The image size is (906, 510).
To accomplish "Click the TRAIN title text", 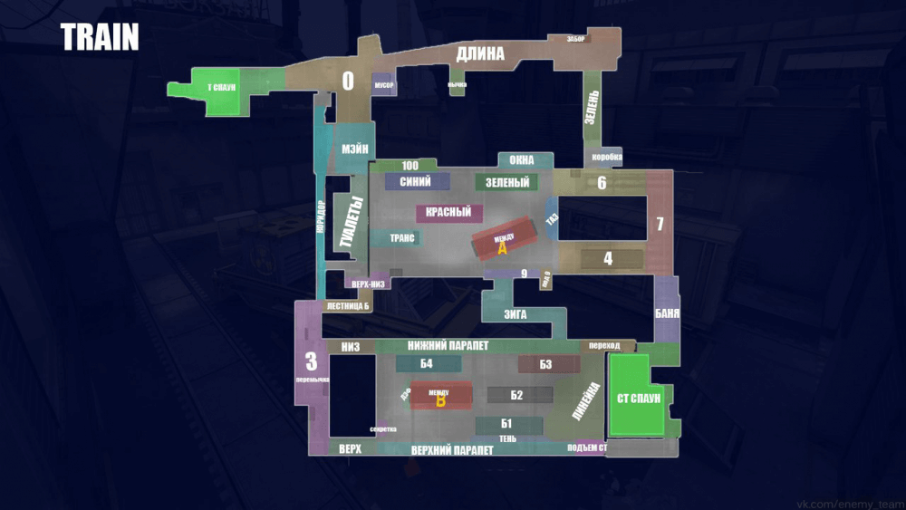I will pyautogui.click(x=100, y=38).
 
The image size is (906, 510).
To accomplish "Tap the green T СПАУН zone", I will pyautogui.click(x=220, y=89).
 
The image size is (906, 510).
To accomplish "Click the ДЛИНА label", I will pyautogui.click(x=480, y=54).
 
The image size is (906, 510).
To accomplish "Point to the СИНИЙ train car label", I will pyautogui.click(x=415, y=181).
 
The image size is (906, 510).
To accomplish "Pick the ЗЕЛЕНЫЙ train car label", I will pyautogui.click(x=506, y=182).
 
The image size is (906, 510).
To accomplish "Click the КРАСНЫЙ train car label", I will pyautogui.click(x=448, y=213).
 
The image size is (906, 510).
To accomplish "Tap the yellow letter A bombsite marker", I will pyautogui.click(x=503, y=249).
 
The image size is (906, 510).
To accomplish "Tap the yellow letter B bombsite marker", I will pyautogui.click(x=441, y=401).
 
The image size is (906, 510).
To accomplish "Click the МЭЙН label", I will pyautogui.click(x=355, y=149).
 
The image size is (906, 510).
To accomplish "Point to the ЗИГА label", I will pyautogui.click(x=516, y=315).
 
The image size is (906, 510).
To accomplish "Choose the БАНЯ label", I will pyautogui.click(x=667, y=314).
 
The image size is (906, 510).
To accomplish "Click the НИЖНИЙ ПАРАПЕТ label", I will pyautogui.click(x=448, y=345).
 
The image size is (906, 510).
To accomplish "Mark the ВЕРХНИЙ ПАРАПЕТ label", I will pyautogui.click(x=452, y=449).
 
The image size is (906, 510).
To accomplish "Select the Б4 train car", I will pyautogui.click(x=427, y=364).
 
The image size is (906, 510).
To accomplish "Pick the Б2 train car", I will pyautogui.click(x=517, y=395).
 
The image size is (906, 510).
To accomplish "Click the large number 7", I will pyautogui.click(x=660, y=224).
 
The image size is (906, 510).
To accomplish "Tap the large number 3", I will pyautogui.click(x=311, y=361).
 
